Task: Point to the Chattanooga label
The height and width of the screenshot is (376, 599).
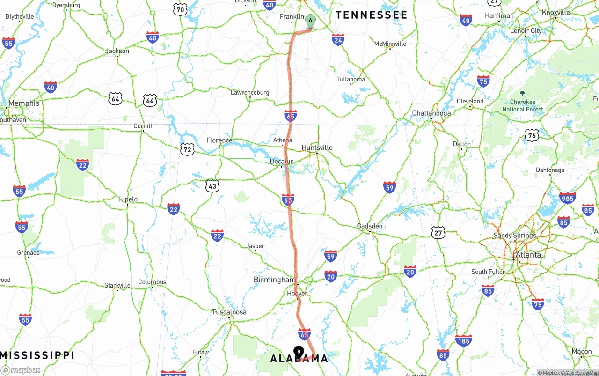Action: [x=431, y=113]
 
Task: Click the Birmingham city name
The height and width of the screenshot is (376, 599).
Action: [x=274, y=280]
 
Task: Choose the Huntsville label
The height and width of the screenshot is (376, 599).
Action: [x=317, y=147]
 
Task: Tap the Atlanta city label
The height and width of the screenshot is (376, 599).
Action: [x=528, y=255]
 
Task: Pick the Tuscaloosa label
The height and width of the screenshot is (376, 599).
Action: [x=229, y=312]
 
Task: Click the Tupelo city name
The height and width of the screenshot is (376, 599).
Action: [x=127, y=199]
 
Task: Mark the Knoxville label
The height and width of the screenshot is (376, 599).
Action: [x=556, y=13]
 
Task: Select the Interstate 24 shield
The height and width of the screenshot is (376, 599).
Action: [x=338, y=39]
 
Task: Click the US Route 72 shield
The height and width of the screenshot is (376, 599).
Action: [x=187, y=149]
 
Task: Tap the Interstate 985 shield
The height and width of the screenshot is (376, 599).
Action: [x=567, y=198]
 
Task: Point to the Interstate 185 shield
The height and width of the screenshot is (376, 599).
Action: [x=463, y=340]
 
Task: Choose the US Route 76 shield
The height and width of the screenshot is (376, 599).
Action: [x=531, y=135]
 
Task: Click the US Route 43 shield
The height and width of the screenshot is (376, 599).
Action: [x=212, y=185]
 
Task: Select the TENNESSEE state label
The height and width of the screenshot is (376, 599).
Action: [x=371, y=15]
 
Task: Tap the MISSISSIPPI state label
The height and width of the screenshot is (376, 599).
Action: [x=37, y=355]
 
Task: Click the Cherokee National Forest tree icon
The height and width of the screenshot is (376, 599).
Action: [x=522, y=93]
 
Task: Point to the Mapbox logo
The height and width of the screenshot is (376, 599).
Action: [x=21, y=370]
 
